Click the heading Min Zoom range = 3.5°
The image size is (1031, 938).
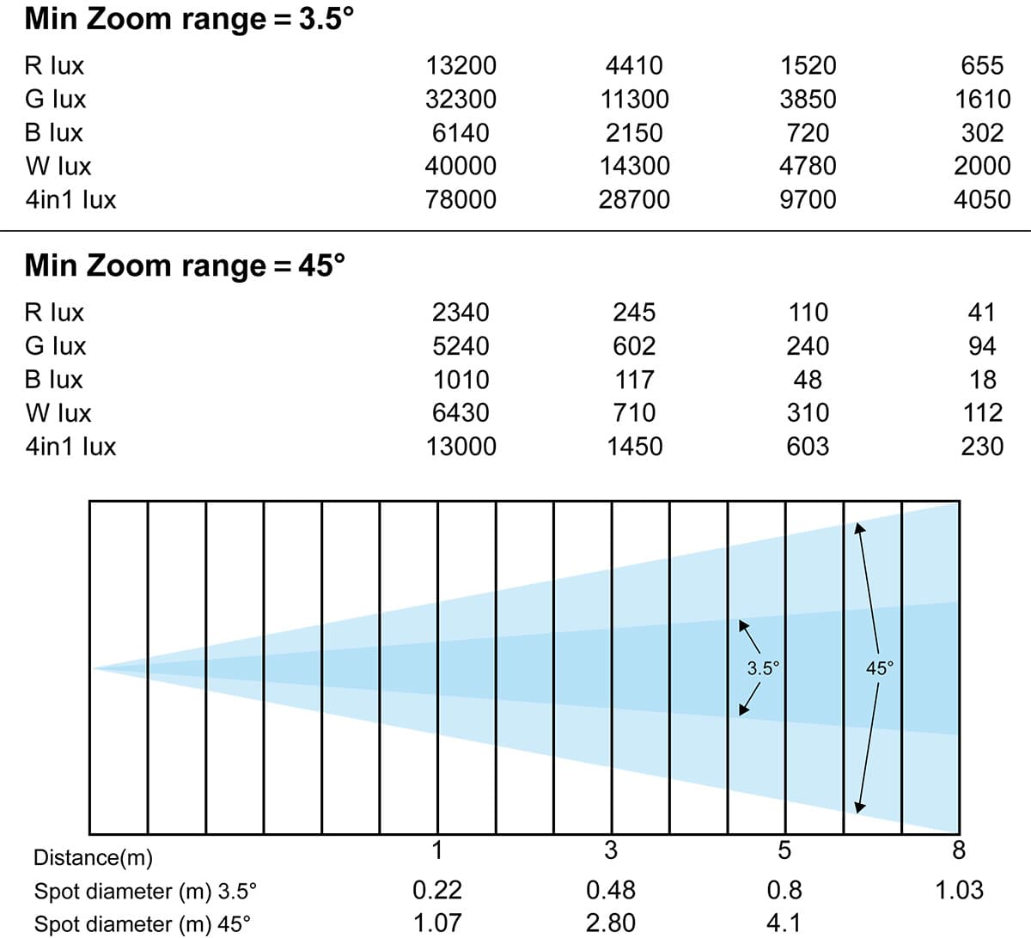coord(189,19)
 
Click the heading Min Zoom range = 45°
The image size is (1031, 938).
coord(185,265)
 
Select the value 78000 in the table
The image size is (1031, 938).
coord(461,199)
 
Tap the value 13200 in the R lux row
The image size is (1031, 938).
coord(461,65)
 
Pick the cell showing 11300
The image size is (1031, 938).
coord(634,99)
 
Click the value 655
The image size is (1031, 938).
coord(982,65)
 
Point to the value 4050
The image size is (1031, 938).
coord(982,199)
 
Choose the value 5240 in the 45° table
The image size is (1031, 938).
coord(461,345)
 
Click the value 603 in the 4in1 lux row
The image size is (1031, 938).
coord(808,446)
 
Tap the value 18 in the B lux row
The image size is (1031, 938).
coord(982,379)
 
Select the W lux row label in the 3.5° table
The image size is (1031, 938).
coord(58,166)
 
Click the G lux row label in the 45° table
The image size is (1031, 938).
coord(56,345)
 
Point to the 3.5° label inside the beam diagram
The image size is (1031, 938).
coord(763,667)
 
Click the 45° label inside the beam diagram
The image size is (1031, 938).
coord(880,667)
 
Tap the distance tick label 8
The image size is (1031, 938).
coord(959,850)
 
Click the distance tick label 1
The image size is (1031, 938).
coord(437,850)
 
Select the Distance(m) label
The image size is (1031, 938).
coord(93,857)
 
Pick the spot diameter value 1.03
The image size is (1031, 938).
coord(959,889)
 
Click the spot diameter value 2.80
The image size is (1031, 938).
coord(610,923)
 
